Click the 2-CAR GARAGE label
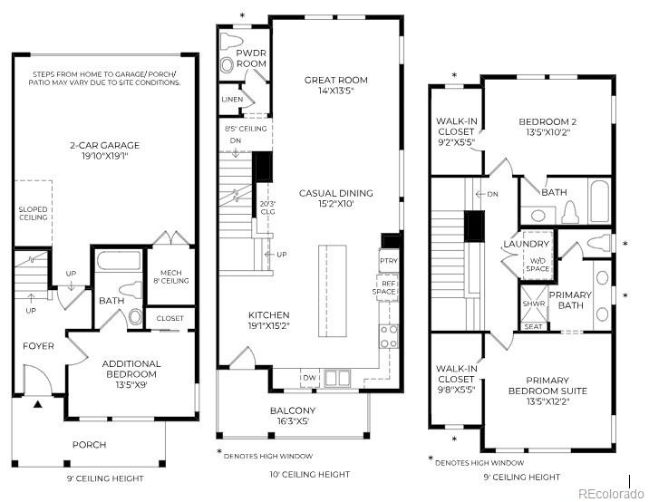pyautogui.click(x=104, y=149)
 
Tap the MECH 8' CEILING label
pyautogui.click(x=172, y=275)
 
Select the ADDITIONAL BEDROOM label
pyautogui.click(x=131, y=369)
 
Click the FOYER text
pyautogui.click(x=38, y=346)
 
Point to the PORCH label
pyautogui.click(x=89, y=444)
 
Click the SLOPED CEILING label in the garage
pyautogui.click(x=33, y=213)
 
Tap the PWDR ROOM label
pyautogui.click(x=251, y=59)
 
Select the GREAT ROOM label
pyautogui.click(x=336, y=86)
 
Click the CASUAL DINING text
pyautogui.click(x=336, y=198)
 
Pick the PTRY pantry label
pyautogui.click(x=388, y=261)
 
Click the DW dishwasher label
pyautogui.click(x=309, y=377)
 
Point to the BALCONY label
pyautogui.click(x=293, y=415)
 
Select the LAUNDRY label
pyautogui.click(x=527, y=245)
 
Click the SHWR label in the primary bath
pyautogui.click(x=533, y=304)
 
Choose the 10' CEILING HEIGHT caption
pyautogui.click(x=309, y=474)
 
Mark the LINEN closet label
pyautogui.click(x=232, y=99)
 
